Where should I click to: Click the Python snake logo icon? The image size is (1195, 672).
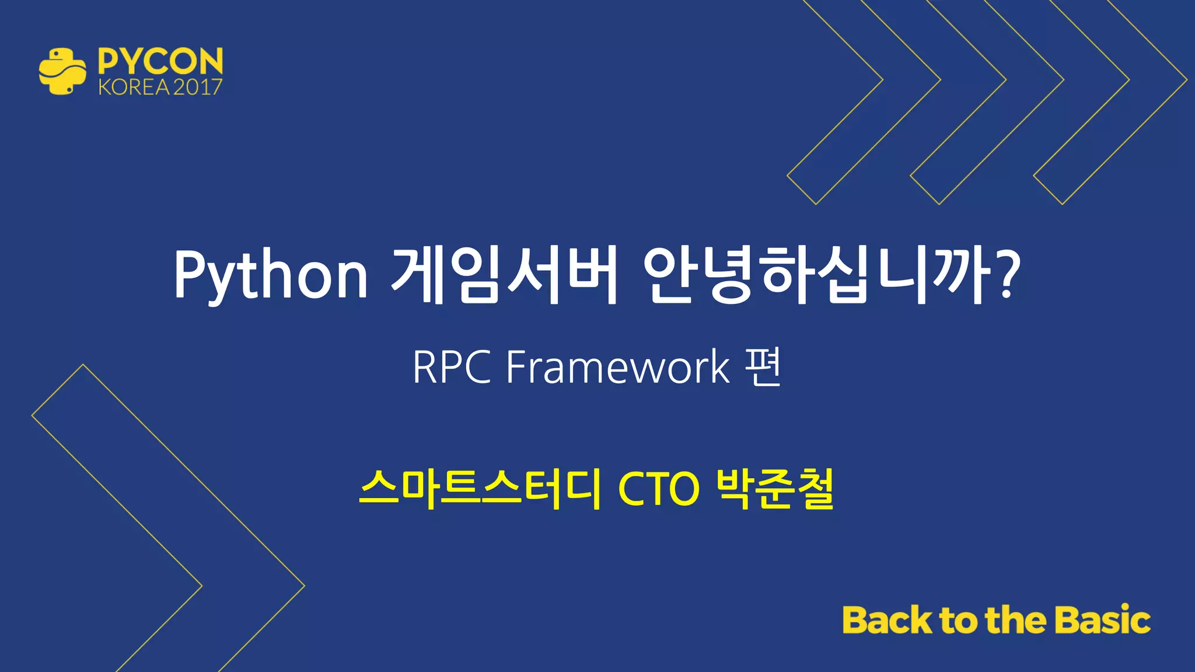click(x=62, y=71)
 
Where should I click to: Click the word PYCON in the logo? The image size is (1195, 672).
click(x=160, y=61)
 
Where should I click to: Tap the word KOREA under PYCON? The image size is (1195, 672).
click(x=134, y=87)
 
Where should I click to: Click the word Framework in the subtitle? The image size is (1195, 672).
click(x=618, y=367)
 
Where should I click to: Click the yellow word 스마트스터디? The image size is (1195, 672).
click(x=480, y=489)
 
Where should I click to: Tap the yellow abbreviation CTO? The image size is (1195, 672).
click(x=658, y=489)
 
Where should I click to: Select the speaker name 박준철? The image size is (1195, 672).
click(x=775, y=489)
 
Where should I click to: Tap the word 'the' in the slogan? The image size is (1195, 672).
click(x=1015, y=619)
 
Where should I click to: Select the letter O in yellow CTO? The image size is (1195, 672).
click(x=683, y=489)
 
